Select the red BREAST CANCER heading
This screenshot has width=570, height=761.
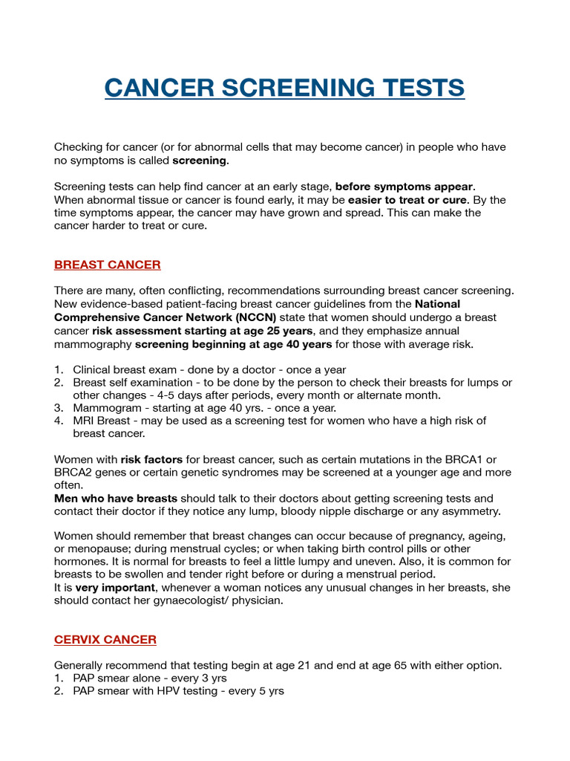(108, 265)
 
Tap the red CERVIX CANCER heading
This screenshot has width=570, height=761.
(105, 640)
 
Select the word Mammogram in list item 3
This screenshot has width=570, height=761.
(100, 408)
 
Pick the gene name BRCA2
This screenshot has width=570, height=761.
(76, 473)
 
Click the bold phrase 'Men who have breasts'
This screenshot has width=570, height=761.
(116, 498)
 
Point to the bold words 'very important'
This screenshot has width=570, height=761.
(115, 587)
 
